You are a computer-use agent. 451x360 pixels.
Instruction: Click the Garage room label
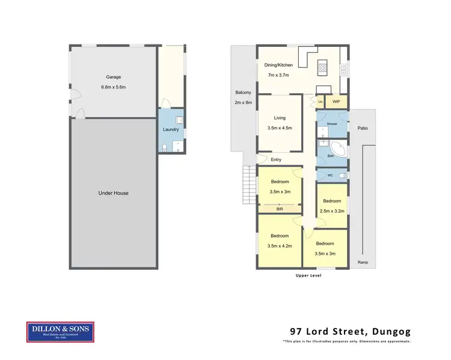click(114, 77)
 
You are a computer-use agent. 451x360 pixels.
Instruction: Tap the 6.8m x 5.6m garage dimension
click(114, 88)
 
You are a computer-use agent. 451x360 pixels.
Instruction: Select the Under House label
click(114, 193)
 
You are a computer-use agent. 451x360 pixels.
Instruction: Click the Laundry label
click(171, 129)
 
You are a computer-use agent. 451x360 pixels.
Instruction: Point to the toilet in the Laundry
click(164, 147)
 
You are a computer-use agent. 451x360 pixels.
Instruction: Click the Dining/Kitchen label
click(278, 64)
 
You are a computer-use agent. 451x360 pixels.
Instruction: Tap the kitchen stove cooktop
click(323, 67)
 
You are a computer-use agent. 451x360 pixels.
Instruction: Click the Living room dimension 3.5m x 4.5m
click(279, 128)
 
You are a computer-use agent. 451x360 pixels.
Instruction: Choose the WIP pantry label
click(336, 102)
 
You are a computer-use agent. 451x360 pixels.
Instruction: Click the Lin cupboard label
click(321, 102)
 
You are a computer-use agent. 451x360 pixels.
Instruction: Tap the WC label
click(330, 175)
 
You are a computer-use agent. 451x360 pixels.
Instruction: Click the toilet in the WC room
click(342, 175)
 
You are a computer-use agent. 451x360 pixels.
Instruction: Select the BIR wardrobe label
click(280, 209)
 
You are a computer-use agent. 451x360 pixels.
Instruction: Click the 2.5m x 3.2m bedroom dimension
click(332, 212)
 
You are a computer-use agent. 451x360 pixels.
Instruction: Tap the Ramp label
click(363, 263)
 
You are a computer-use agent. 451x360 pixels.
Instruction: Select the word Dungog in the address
click(390, 331)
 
